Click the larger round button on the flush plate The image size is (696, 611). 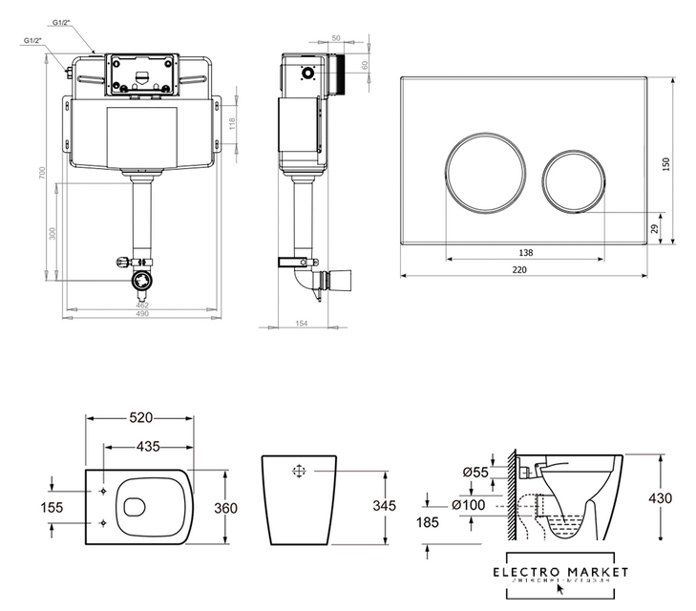(485, 170)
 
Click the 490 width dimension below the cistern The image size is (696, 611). (141, 316)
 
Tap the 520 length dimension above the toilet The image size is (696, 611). (141, 418)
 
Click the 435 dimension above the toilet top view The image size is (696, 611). (147, 445)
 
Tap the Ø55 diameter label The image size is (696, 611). (475, 473)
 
